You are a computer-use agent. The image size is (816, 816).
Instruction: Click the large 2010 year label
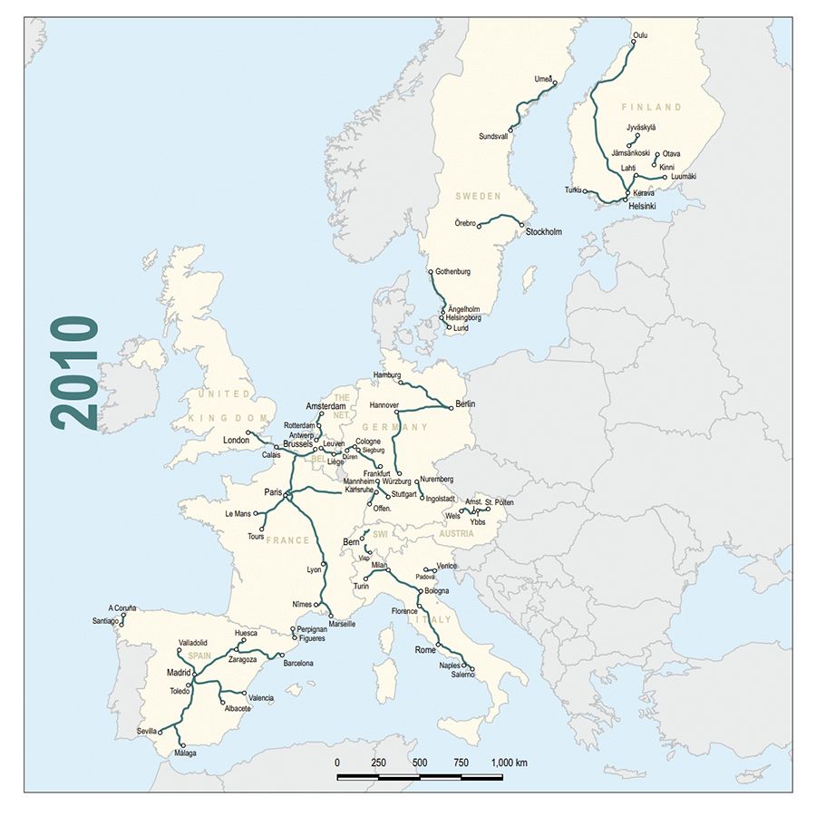74,373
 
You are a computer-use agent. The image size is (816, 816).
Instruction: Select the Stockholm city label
544,232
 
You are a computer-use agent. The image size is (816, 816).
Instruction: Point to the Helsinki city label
642,206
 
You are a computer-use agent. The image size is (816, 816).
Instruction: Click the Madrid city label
179,673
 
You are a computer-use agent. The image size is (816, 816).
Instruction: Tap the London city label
235,441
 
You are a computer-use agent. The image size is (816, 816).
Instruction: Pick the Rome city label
425,650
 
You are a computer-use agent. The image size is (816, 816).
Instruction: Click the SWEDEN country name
477,196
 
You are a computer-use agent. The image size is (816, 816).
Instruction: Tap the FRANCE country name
287,540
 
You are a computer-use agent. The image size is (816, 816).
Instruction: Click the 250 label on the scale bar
379,763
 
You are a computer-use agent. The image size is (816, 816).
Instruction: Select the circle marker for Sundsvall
511,131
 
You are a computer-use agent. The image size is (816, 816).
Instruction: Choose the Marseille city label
343,625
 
